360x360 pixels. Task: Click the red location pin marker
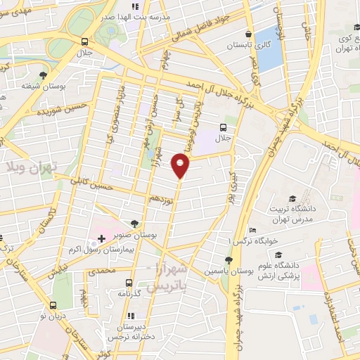(x=181, y=167)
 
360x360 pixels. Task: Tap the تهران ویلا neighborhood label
(x=32, y=166)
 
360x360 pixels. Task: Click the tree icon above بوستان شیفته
(x=44, y=75)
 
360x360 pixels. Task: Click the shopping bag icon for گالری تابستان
(x=249, y=34)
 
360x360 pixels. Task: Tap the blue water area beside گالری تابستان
(x=269, y=49)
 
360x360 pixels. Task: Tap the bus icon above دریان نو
(x=53, y=305)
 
